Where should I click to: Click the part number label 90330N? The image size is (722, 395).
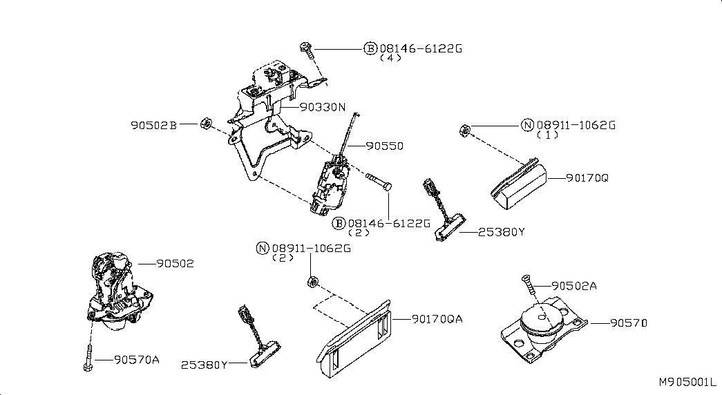click(323, 107)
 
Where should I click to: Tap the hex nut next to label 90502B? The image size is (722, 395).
click(206, 124)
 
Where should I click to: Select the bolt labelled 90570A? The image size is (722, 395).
click(88, 358)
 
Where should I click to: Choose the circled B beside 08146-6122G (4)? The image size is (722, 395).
click(370, 48)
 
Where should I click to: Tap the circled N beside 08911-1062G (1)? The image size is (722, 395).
click(528, 125)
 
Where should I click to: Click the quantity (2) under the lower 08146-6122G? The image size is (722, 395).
click(359, 233)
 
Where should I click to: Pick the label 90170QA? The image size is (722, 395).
click(437, 319)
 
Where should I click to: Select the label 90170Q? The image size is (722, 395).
click(587, 177)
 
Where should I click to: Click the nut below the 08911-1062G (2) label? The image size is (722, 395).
click(313, 281)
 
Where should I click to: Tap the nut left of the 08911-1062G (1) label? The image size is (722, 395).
click(464, 131)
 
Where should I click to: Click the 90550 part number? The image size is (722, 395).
click(384, 146)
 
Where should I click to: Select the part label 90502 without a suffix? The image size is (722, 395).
click(175, 264)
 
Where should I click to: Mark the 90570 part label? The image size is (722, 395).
click(629, 323)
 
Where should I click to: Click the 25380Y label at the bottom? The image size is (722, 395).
click(204, 365)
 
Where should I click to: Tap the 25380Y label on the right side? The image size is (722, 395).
click(502, 232)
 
